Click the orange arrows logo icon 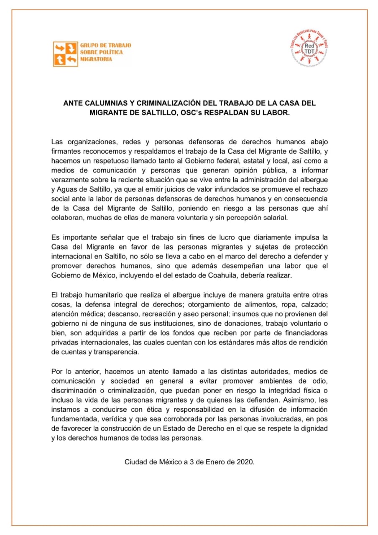click(66, 54)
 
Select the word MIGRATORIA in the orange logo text click(96, 59)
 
